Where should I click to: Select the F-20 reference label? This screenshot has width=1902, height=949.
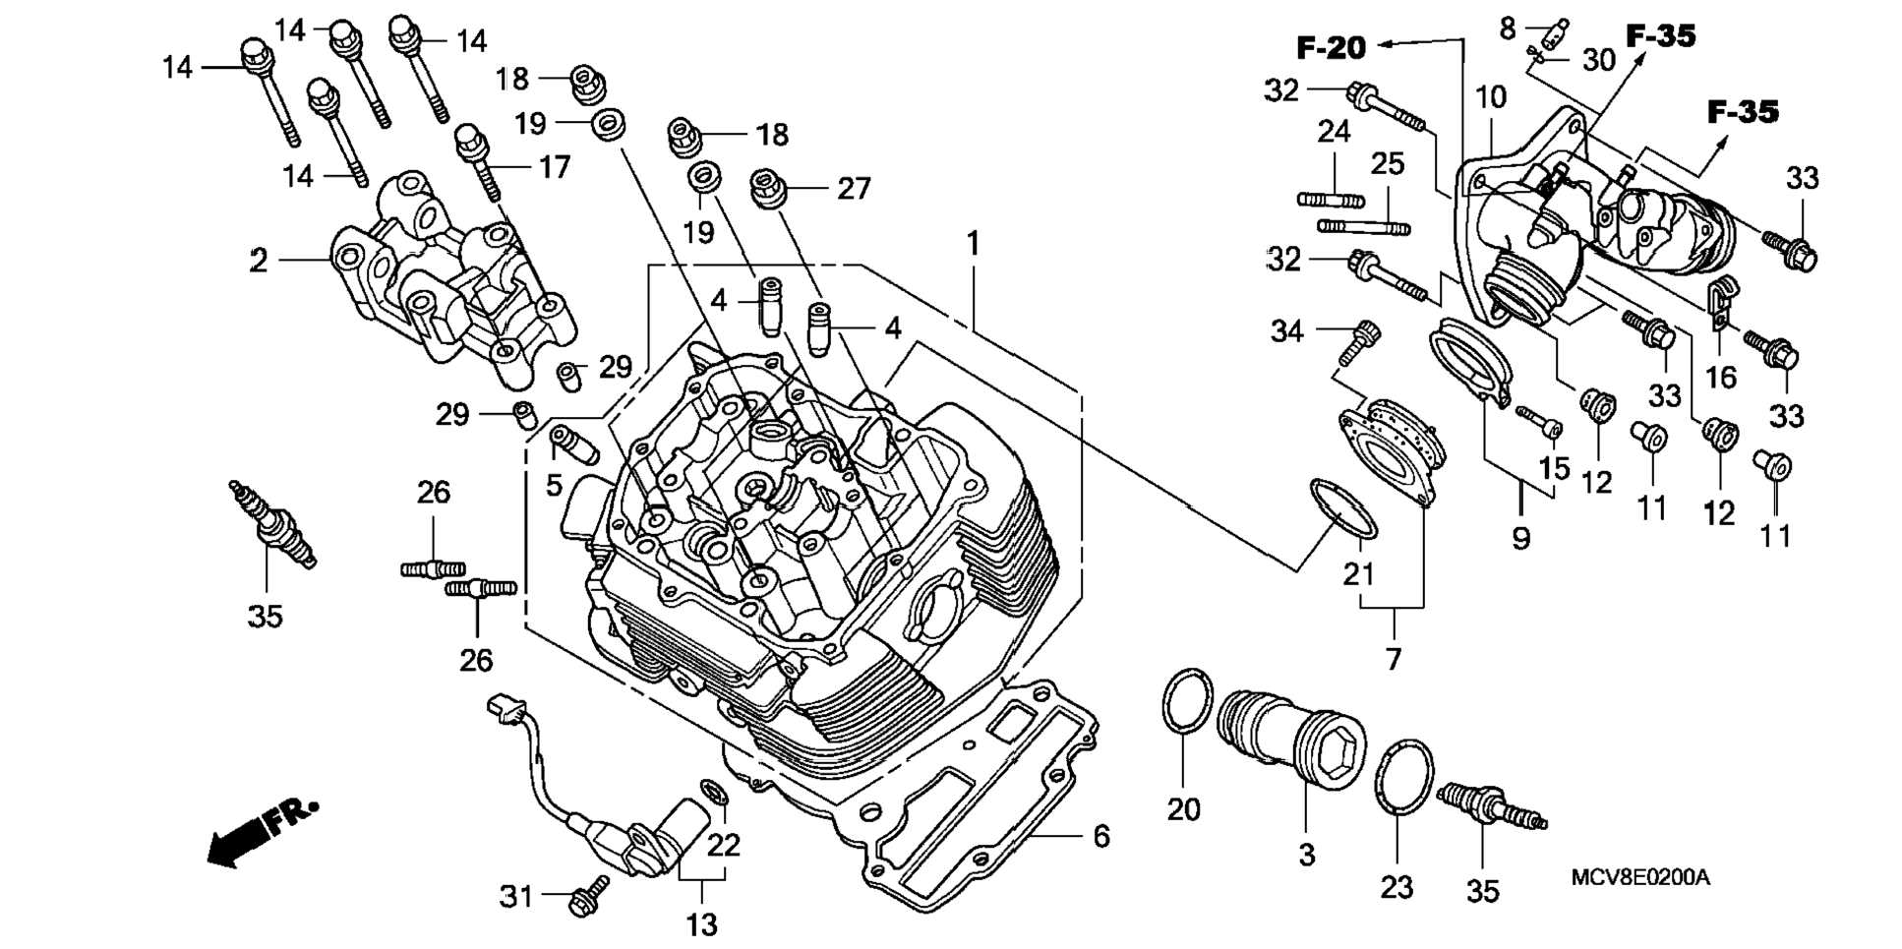click(x=1331, y=47)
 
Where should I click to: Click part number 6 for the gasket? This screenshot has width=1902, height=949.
click(x=1101, y=836)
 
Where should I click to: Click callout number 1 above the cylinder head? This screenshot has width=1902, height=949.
click(x=973, y=243)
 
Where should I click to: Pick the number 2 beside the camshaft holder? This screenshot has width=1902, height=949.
click(x=258, y=261)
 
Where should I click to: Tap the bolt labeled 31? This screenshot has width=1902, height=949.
click(x=587, y=896)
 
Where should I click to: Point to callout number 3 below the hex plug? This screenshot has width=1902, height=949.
click(x=1306, y=855)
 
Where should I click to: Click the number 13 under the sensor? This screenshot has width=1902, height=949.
click(x=702, y=924)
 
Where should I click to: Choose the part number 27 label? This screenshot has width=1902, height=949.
click(x=854, y=188)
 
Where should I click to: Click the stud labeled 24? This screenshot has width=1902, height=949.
click(x=1331, y=200)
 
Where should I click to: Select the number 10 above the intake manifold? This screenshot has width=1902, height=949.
click(x=1491, y=97)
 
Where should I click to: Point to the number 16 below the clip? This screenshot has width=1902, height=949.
click(x=1720, y=377)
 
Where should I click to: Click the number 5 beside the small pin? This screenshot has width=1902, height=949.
click(x=555, y=484)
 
